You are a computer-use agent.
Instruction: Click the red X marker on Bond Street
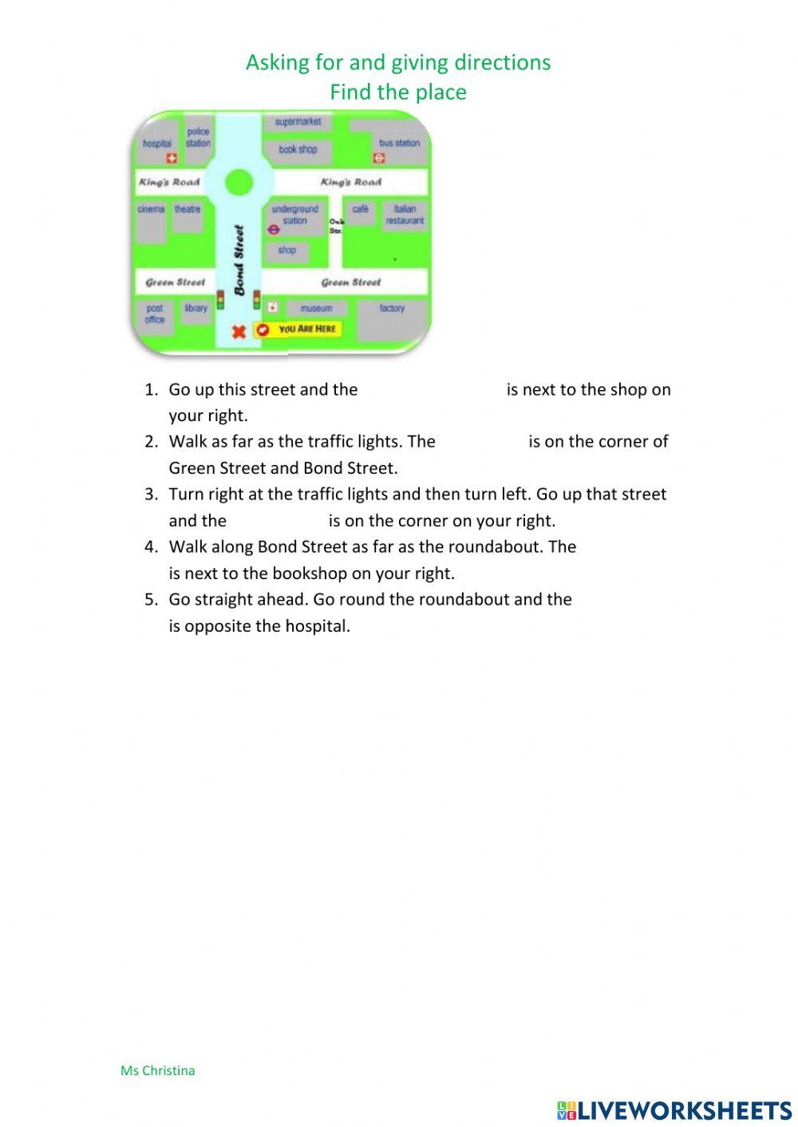coord(238,331)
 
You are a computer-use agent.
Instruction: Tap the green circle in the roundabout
coord(239,183)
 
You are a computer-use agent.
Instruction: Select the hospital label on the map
coord(157,144)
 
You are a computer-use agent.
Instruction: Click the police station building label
coord(198,137)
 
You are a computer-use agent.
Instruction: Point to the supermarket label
coord(298,122)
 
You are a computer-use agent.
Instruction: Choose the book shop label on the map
coord(298,149)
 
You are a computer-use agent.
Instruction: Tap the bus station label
coord(399,143)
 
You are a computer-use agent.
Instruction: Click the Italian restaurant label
coord(405,215)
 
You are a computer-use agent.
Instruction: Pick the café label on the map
coord(361,209)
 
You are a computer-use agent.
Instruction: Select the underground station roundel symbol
coord(274,230)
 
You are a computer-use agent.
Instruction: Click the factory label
coord(392,308)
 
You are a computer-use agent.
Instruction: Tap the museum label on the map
coord(316,308)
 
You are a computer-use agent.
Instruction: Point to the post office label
coord(155,313)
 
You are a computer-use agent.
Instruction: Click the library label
coord(196,308)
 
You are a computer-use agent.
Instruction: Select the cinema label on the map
coord(151,209)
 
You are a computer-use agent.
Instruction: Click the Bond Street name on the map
coord(239,260)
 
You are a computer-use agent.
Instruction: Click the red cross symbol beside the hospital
coord(171,159)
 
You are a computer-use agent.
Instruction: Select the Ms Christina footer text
coord(157,1070)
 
